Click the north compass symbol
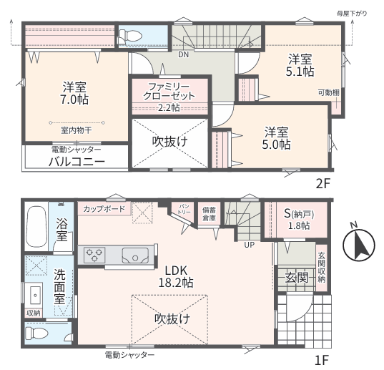[x=358, y=245]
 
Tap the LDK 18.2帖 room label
[x=176, y=277]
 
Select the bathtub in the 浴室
[x=36, y=227]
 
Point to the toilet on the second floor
[x=130, y=36]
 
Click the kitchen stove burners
[x=94, y=255]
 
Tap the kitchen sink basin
[x=135, y=255]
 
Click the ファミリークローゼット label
[x=169, y=92]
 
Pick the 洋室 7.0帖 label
[x=75, y=94]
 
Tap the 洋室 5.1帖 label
[x=300, y=65]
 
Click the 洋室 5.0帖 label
[x=277, y=138]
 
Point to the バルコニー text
[x=77, y=162]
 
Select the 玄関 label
[x=296, y=278]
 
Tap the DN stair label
[x=184, y=54]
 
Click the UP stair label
[x=250, y=245]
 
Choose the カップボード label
[x=104, y=209]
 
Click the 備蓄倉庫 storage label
[x=209, y=214]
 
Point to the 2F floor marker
[x=323, y=184]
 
